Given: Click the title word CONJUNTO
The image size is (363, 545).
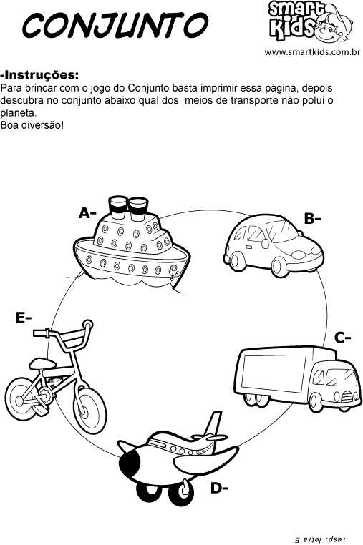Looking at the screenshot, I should click(x=115, y=26).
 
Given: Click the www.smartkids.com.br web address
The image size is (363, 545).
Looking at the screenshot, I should click(x=311, y=52).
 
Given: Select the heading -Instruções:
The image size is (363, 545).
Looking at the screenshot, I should click(x=40, y=75).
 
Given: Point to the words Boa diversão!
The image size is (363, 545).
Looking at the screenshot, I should click(x=32, y=125).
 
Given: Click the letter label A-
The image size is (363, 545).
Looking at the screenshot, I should click(x=87, y=213).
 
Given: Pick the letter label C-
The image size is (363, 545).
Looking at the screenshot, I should click(x=342, y=338).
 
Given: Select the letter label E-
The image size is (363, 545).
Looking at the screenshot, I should click(x=24, y=318).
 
